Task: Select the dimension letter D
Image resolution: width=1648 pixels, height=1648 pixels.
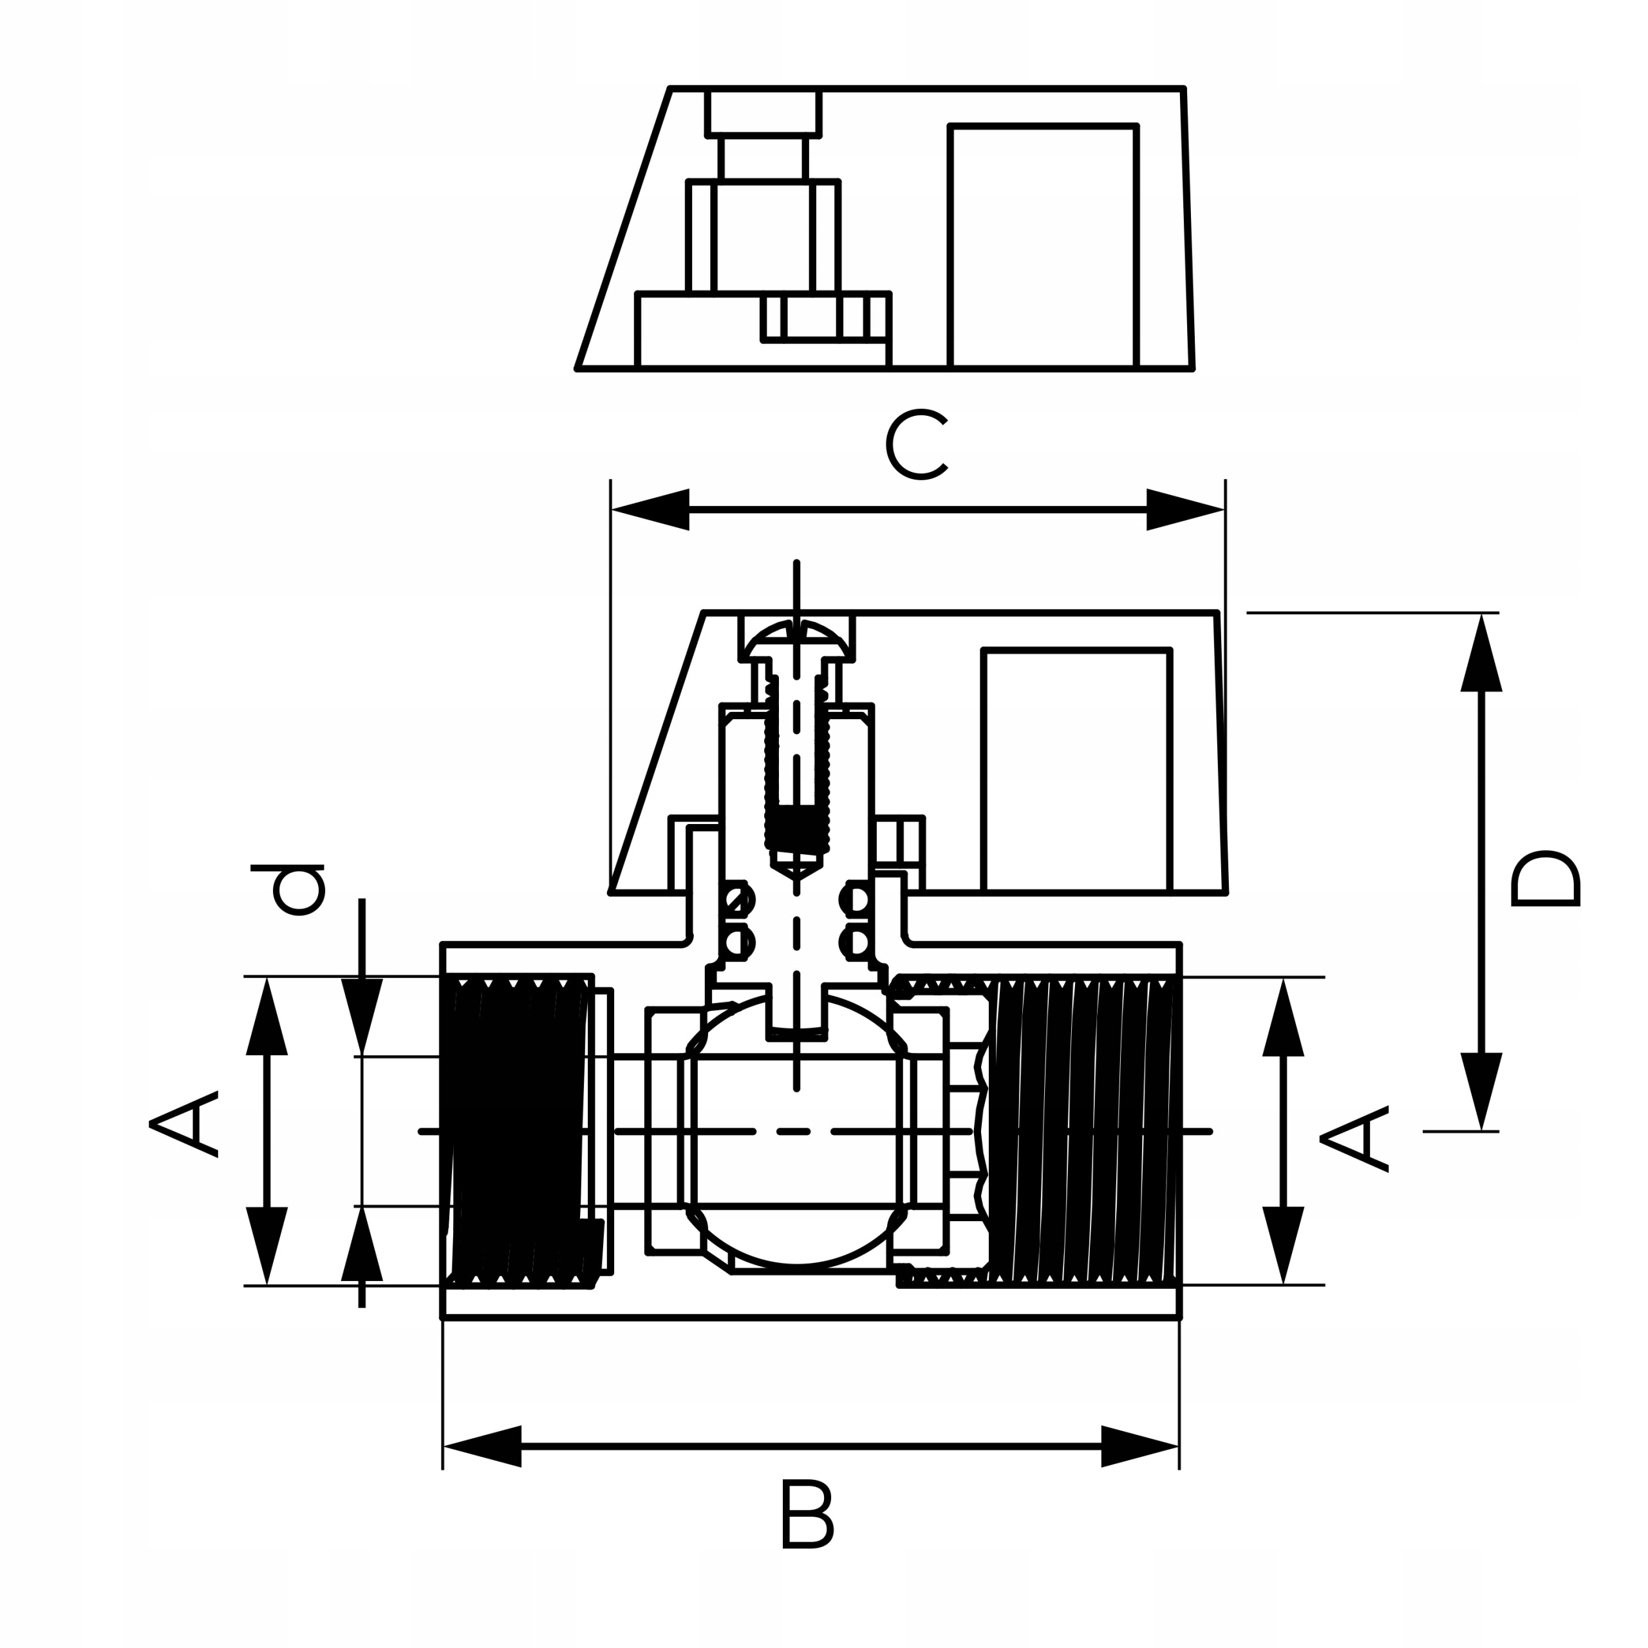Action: [x=1545, y=879]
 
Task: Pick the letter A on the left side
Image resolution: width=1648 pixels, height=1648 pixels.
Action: [x=183, y=1123]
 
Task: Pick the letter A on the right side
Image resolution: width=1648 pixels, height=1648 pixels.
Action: [x=1354, y=1139]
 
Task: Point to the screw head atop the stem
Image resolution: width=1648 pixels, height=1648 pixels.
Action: [x=797, y=641]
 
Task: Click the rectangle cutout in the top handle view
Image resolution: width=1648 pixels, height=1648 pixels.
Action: [x=1042, y=247]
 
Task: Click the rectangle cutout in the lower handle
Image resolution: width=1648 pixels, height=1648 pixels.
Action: [x=1076, y=771]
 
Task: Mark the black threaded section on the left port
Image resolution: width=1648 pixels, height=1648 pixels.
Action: [x=516, y=1130]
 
